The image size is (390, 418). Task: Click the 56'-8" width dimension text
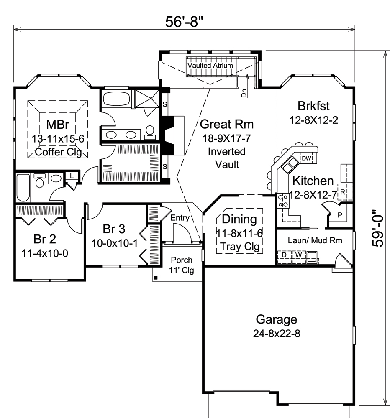(x=185, y=22)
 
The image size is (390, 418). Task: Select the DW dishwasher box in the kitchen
(x=306, y=158)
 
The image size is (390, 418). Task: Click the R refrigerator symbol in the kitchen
(x=342, y=192)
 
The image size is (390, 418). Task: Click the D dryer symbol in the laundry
(x=284, y=255)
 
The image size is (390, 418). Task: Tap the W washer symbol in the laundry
(x=299, y=255)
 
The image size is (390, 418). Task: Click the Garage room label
(x=277, y=320)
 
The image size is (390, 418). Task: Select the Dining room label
(x=239, y=219)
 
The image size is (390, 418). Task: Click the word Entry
(x=180, y=218)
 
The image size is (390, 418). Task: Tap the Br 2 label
(x=45, y=239)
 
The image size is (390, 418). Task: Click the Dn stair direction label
(x=244, y=93)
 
